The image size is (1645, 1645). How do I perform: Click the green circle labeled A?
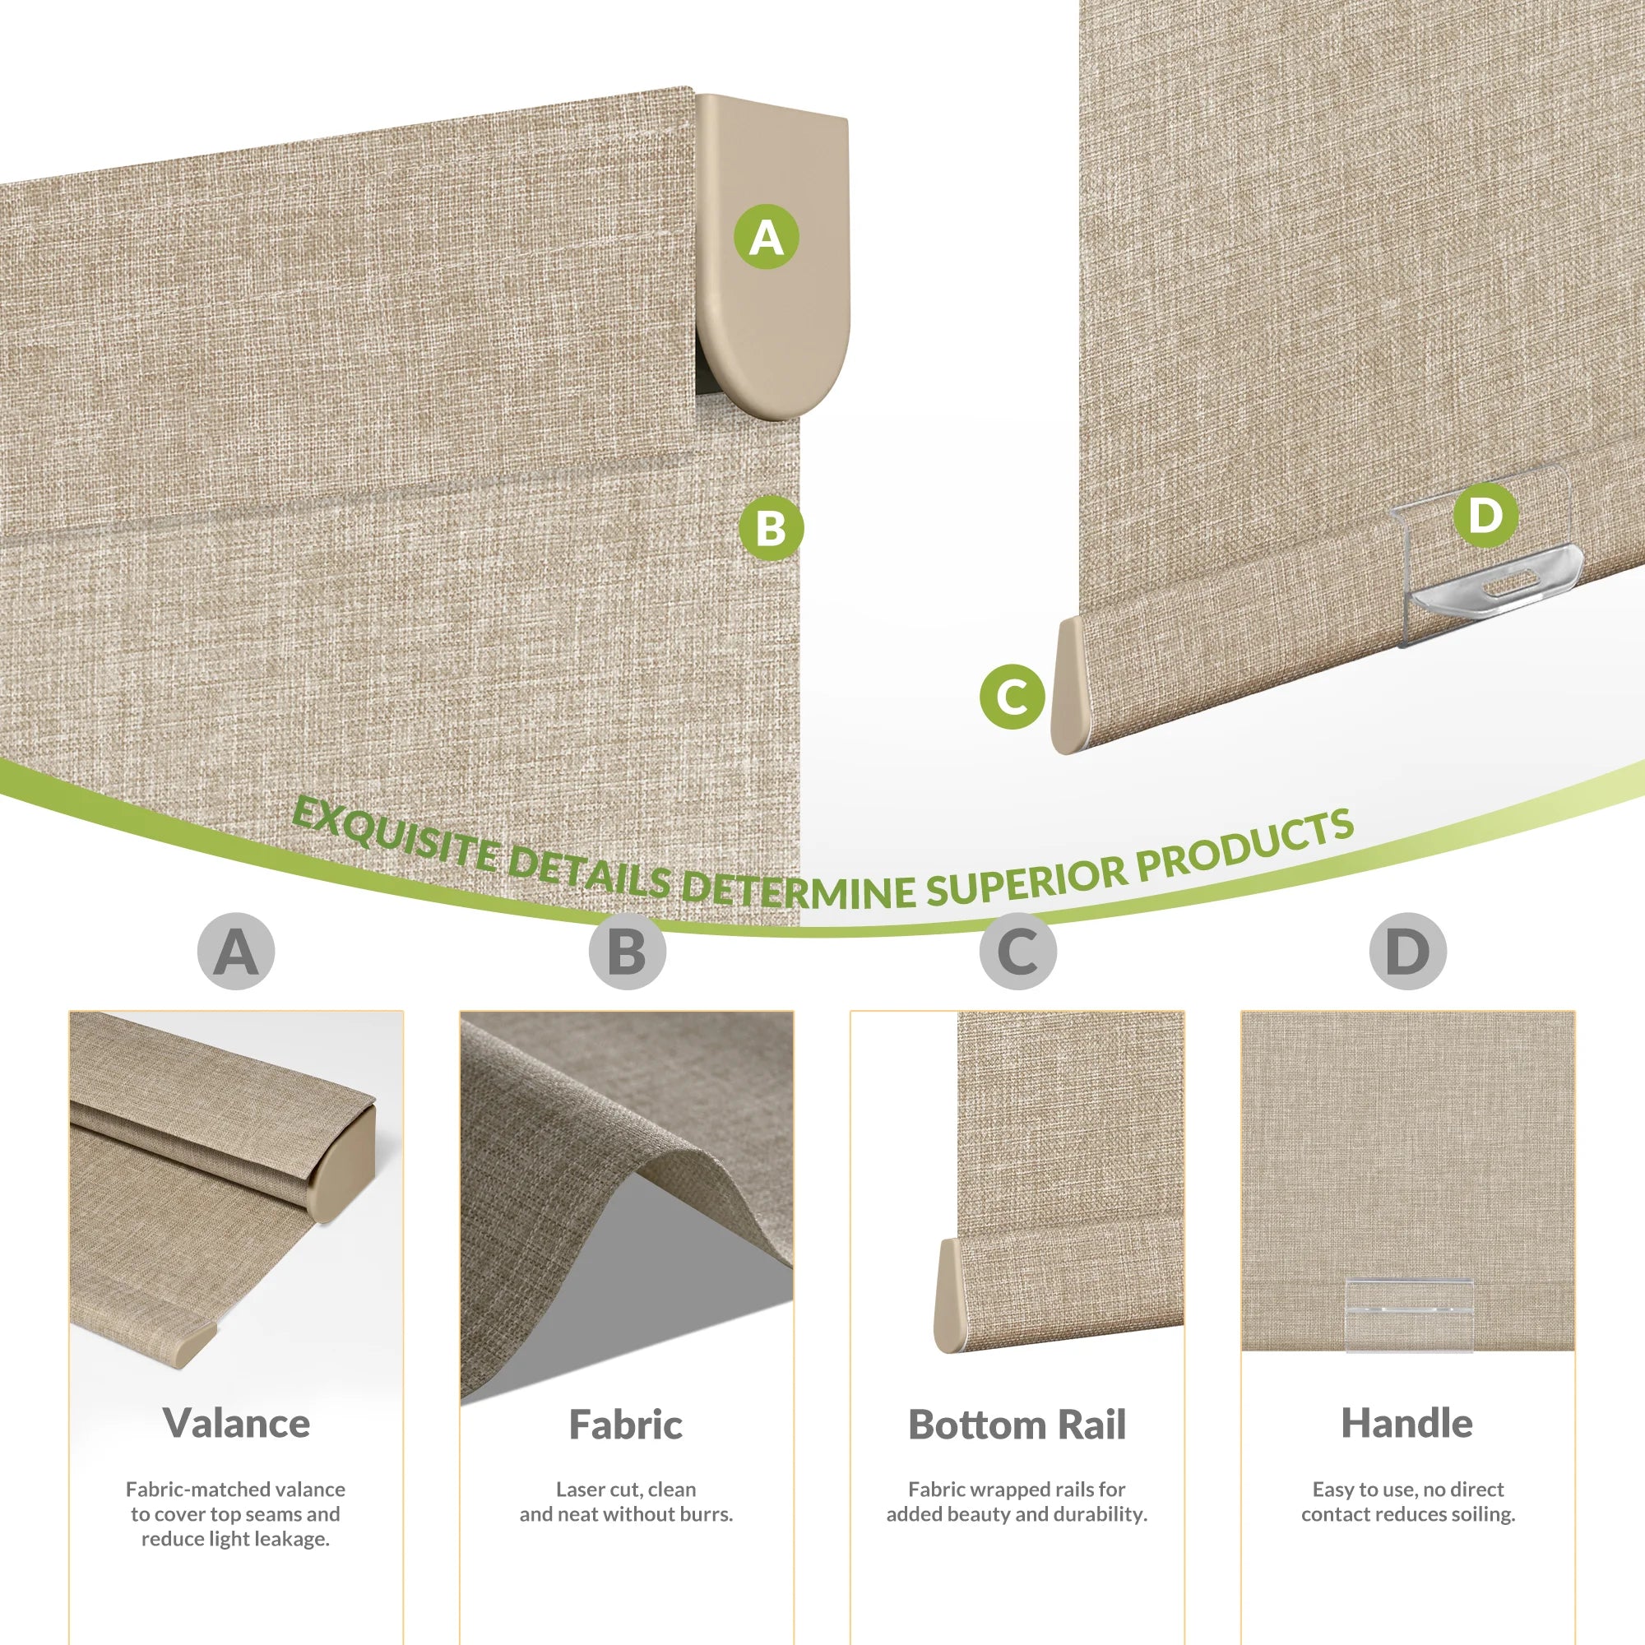coord(767,237)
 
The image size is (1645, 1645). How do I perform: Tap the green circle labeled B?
coord(771,528)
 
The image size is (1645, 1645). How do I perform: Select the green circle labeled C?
coord(1012,697)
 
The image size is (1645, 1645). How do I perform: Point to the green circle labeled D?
coord(1485,515)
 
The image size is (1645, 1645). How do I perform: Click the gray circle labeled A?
coord(236,951)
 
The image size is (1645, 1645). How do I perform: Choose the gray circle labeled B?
coord(628,951)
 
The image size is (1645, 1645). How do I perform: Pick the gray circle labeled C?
coord(1017,951)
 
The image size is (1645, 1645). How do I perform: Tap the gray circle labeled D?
coord(1408,951)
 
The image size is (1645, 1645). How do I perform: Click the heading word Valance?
coord(237,1423)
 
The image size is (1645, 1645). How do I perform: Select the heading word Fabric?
coord(626,1424)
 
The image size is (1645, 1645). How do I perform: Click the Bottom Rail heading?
coord(1017,1424)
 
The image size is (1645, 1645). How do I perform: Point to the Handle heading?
coord(1407,1423)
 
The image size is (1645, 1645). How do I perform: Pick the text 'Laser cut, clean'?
coord(626,1490)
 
